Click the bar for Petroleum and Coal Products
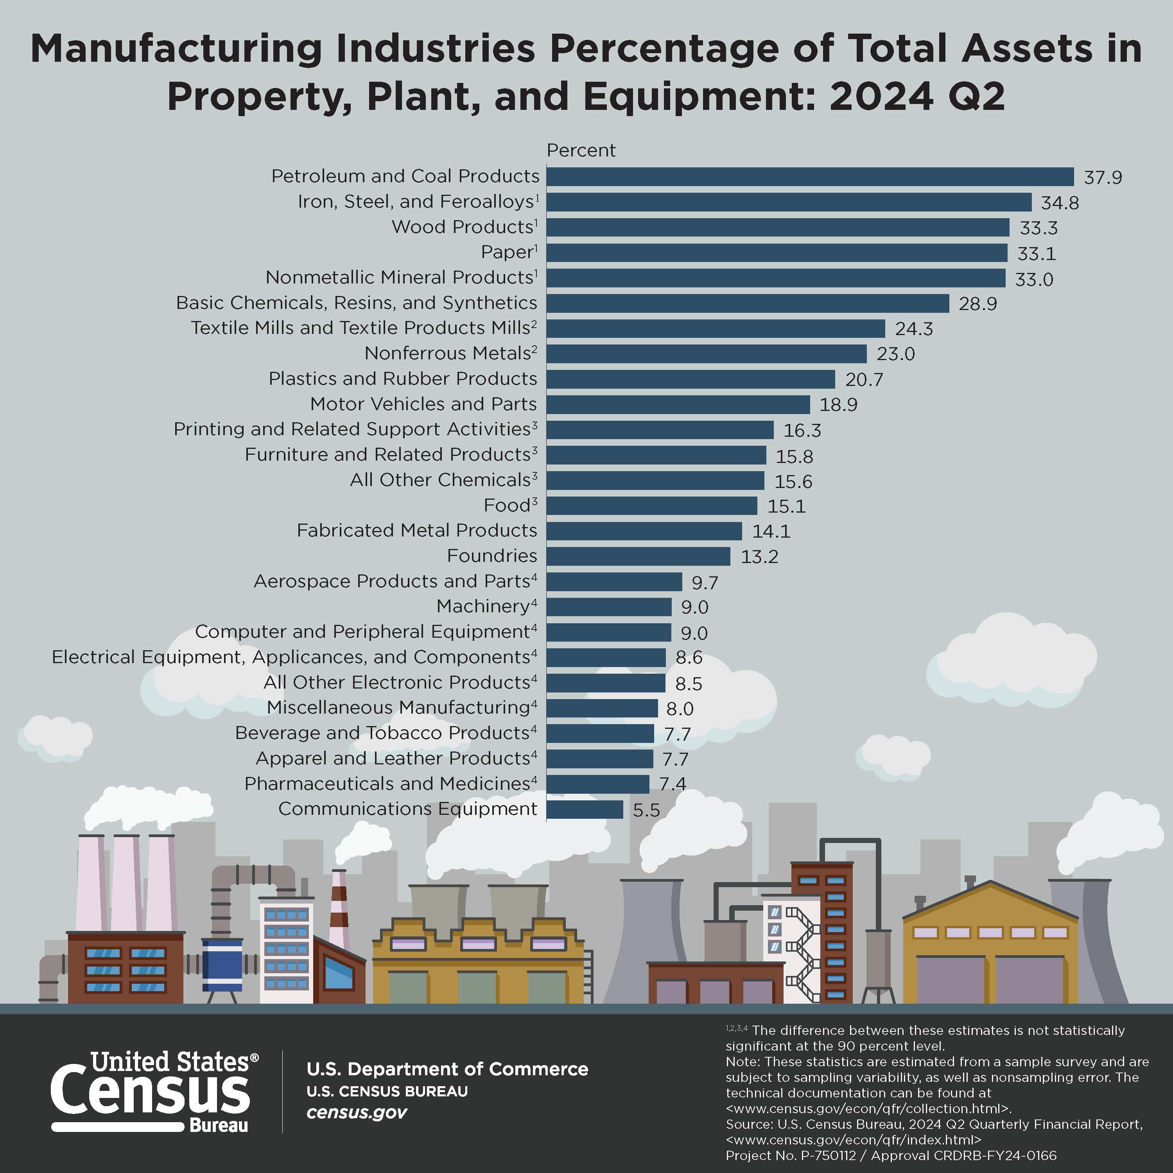pyautogui.click(x=810, y=177)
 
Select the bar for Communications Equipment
pyautogui.click(x=585, y=809)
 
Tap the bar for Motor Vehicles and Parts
pyautogui.click(x=678, y=404)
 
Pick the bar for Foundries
pyautogui.click(x=638, y=556)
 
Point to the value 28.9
pyautogui.click(x=977, y=303)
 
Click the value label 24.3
pyautogui.click(x=914, y=329)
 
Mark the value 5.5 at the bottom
pyautogui.click(x=646, y=811)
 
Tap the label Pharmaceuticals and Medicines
pyautogui.click(x=387, y=784)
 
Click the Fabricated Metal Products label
pyautogui.click(x=416, y=531)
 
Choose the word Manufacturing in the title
pyautogui.click(x=176, y=48)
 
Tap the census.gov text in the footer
pyautogui.click(x=356, y=1112)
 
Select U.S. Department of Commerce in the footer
pyautogui.click(x=447, y=1069)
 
